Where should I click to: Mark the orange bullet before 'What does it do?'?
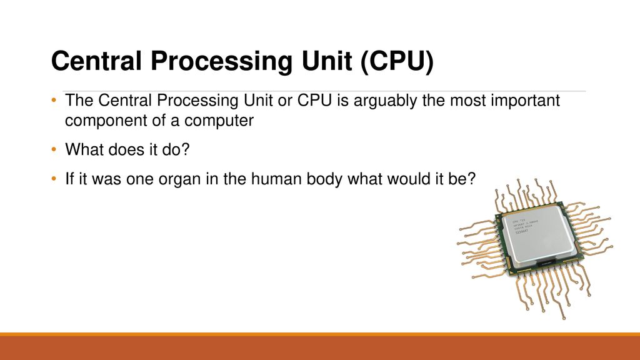tap(54, 151)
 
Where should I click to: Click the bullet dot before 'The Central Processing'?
tap(54, 102)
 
